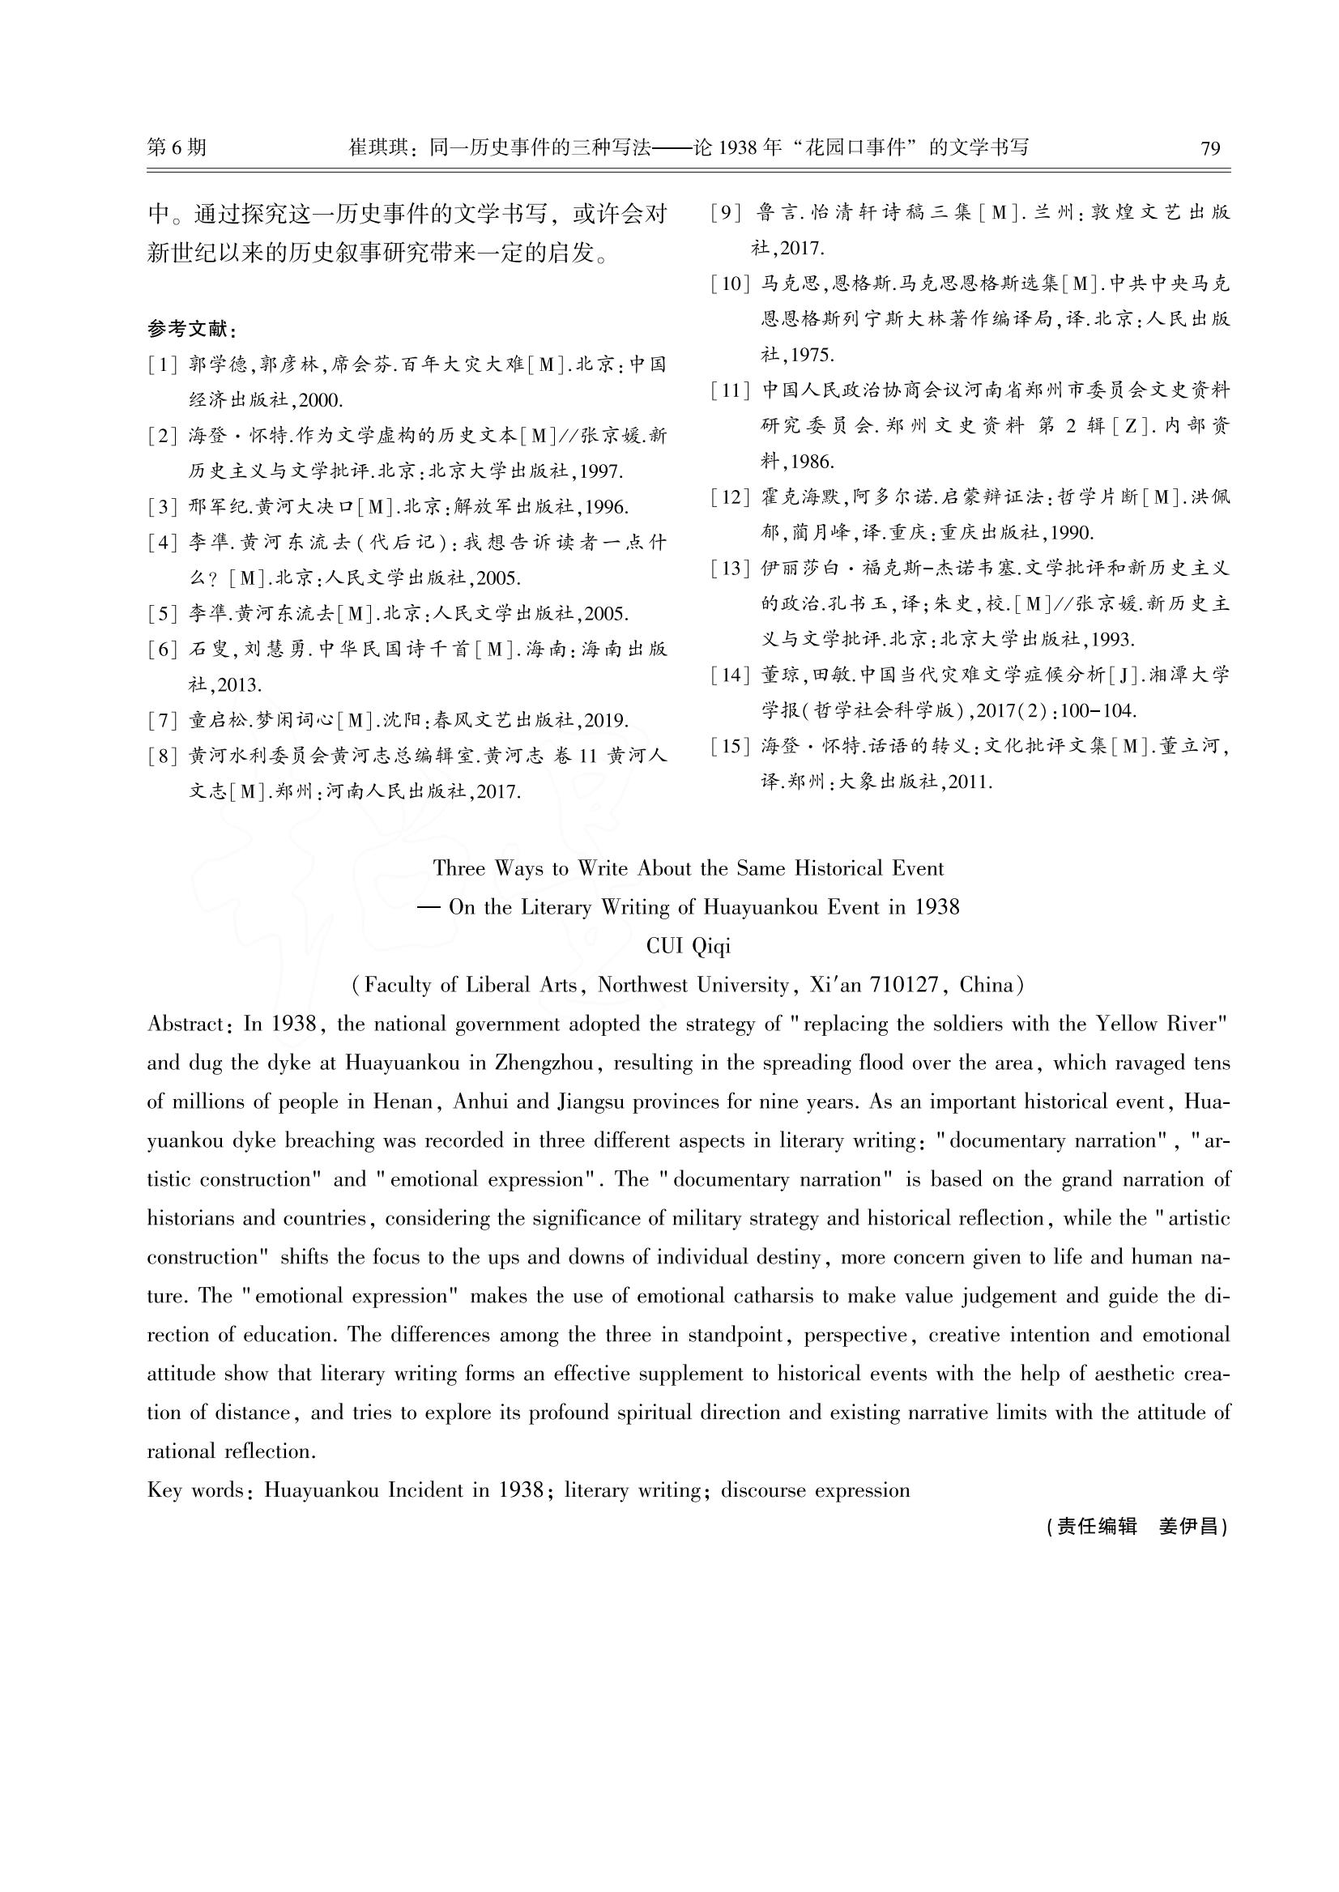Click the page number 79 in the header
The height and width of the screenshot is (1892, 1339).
click(1210, 148)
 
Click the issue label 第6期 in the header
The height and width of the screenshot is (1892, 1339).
click(177, 147)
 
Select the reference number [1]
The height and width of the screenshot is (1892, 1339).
click(163, 365)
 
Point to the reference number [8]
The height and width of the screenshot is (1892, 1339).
click(163, 756)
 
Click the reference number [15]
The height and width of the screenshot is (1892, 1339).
click(730, 747)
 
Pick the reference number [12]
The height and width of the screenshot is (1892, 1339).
click(730, 498)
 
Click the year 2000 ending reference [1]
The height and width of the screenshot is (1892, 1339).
click(318, 402)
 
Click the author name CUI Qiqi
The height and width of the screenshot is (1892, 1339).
click(689, 947)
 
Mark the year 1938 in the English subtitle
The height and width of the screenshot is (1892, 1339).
click(936, 908)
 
